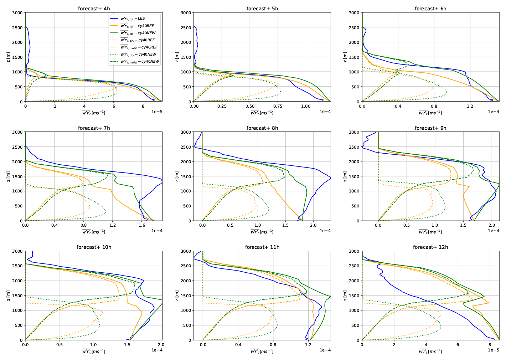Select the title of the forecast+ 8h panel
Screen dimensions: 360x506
tap(262, 128)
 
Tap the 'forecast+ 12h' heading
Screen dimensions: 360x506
tap(430, 247)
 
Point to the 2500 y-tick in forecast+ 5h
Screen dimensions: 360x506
tap(186, 27)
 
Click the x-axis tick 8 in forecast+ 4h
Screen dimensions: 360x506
tap(143, 106)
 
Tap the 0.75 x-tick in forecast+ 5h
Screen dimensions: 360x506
tap(278, 106)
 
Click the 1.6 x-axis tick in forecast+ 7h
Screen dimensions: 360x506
tap(142, 225)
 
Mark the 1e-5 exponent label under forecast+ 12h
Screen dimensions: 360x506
tap(493, 350)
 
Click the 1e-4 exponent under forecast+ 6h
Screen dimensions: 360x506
tap(493, 112)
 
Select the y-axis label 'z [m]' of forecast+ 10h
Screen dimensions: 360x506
tap(8, 295)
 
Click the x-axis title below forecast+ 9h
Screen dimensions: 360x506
tap(430, 232)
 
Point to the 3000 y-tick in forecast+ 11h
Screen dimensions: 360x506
tap(186, 251)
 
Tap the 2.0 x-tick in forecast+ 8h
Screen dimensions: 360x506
tap(313, 225)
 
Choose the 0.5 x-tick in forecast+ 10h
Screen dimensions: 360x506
tap(60, 345)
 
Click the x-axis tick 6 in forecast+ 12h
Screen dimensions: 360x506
tap(458, 345)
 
